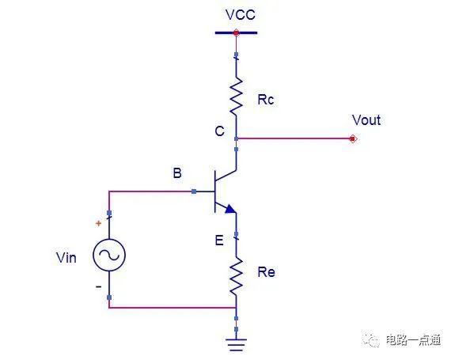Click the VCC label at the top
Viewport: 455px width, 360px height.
tap(241, 15)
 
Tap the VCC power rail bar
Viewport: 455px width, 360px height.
tap(236, 32)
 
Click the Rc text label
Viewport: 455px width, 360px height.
tap(266, 100)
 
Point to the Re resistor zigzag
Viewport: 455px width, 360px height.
tap(237, 276)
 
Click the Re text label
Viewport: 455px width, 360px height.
tap(266, 272)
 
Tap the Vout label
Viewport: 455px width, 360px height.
tap(366, 119)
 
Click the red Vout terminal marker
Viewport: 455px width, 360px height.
tap(353, 139)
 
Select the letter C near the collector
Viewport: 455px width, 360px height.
tap(219, 131)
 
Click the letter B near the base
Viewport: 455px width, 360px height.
tap(177, 173)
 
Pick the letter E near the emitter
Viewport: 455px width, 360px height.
tap(219, 241)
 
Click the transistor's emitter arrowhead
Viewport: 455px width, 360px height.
tap(230, 209)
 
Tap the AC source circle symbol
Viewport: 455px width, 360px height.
tap(109, 255)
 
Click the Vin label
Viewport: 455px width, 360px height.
tap(66, 258)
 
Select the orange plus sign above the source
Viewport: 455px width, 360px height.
tap(98, 223)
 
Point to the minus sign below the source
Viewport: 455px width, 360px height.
tap(99, 286)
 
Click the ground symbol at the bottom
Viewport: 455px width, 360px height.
tap(237, 345)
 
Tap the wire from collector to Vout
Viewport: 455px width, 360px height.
tap(294, 138)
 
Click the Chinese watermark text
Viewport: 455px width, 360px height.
tap(413, 340)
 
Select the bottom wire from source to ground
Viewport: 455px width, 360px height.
tap(173, 307)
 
